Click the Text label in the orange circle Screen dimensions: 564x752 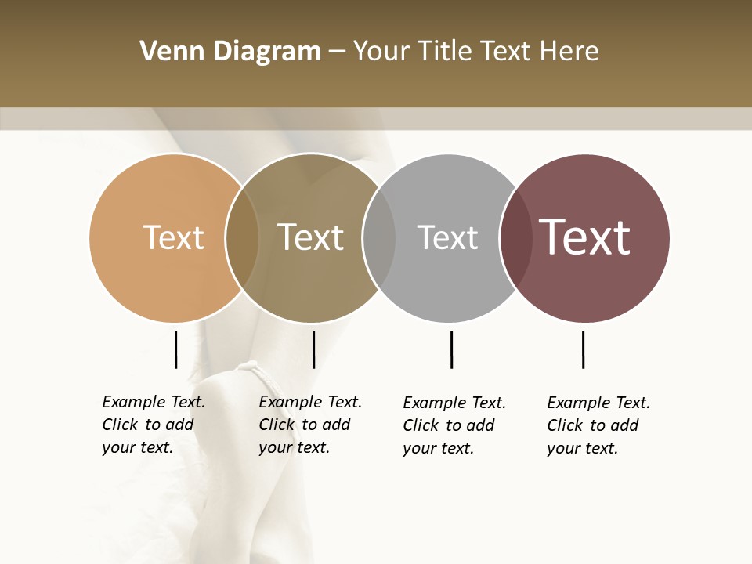(x=173, y=237)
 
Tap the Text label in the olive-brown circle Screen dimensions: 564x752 (x=310, y=237)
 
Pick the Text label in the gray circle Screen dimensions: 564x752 (x=447, y=237)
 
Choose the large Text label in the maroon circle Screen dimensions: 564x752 (x=584, y=237)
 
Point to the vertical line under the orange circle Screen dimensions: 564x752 (x=175, y=349)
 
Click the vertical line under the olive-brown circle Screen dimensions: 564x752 (x=313, y=349)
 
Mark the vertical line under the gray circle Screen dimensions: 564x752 (x=451, y=349)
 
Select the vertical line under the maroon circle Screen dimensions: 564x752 (x=583, y=349)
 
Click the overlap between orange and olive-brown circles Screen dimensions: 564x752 (x=242, y=237)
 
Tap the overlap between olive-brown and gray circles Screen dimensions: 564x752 (x=379, y=237)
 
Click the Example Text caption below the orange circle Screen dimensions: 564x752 (x=153, y=425)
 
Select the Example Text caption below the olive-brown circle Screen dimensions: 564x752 (x=309, y=425)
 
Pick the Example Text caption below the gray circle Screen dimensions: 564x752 (x=454, y=425)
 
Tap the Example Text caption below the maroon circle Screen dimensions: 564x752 (x=598, y=425)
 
